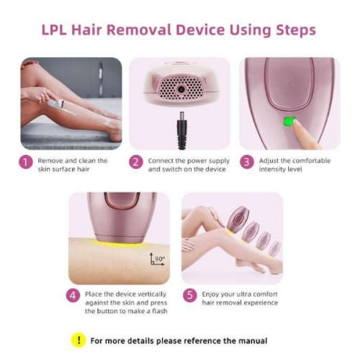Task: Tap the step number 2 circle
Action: (136, 163)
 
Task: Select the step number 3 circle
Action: (246, 163)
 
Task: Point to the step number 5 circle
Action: (189, 294)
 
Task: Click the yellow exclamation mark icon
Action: (78, 340)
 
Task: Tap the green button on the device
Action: (291, 122)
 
